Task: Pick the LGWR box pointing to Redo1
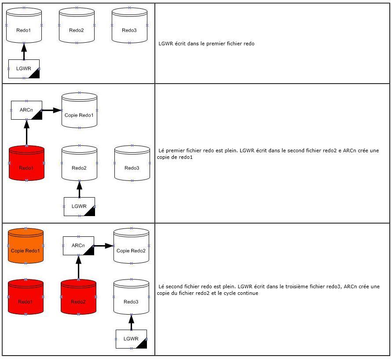coord(24,69)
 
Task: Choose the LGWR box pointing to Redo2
coord(79,206)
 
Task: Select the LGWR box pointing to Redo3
coord(131,339)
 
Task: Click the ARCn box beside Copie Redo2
coord(78,246)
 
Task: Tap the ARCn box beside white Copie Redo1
coord(26,110)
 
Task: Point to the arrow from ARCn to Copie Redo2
coord(104,246)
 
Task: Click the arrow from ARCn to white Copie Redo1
coord(52,110)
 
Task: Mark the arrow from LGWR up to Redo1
coord(24,51)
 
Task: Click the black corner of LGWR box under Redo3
coord(142,343)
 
